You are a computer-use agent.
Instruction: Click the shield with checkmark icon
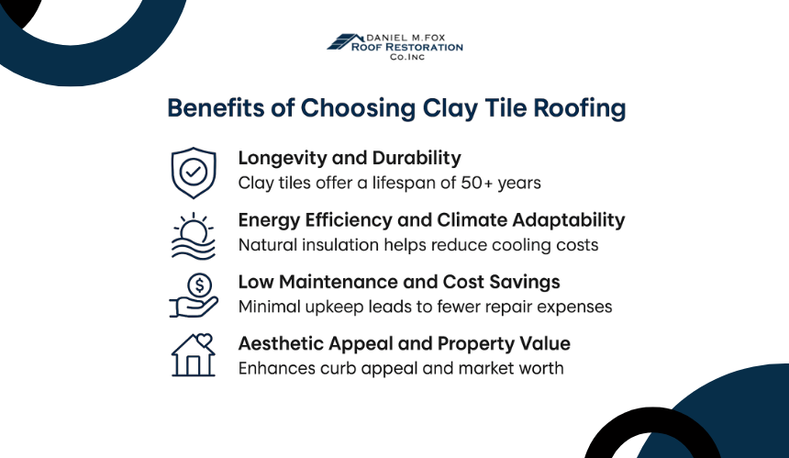(194, 173)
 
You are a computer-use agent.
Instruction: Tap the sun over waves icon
(194, 236)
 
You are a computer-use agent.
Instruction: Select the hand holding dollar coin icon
(194, 296)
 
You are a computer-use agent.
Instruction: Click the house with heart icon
(194, 355)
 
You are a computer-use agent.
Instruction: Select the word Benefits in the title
(216, 107)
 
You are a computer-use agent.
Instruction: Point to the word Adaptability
(569, 221)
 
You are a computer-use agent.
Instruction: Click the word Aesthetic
(280, 344)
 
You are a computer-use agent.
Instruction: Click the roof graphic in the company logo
(345, 42)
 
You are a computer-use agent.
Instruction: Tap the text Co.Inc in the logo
(407, 57)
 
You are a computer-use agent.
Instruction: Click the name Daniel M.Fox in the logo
(406, 38)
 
